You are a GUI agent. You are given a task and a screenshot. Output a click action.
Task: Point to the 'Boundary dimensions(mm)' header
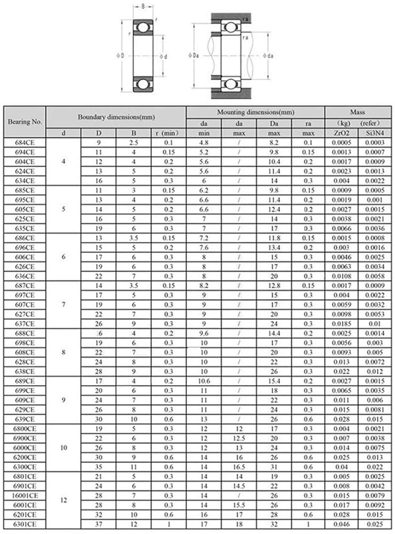point(116,117)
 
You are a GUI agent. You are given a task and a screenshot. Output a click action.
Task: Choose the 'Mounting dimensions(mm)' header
point(255,112)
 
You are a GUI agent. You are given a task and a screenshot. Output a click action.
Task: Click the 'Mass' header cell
point(357,112)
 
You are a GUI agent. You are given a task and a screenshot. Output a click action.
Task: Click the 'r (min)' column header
point(168,133)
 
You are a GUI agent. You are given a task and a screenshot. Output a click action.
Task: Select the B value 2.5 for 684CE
point(134,143)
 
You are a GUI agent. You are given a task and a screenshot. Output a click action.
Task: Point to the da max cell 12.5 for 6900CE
point(239,438)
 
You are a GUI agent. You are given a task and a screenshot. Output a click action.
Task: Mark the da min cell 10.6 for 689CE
point(204,381)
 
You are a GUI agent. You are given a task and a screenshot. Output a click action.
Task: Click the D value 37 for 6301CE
point(98,523)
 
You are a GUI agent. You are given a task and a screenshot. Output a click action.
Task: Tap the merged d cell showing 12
point(64,500)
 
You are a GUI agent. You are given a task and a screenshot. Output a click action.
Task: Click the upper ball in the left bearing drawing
point(143,27)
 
